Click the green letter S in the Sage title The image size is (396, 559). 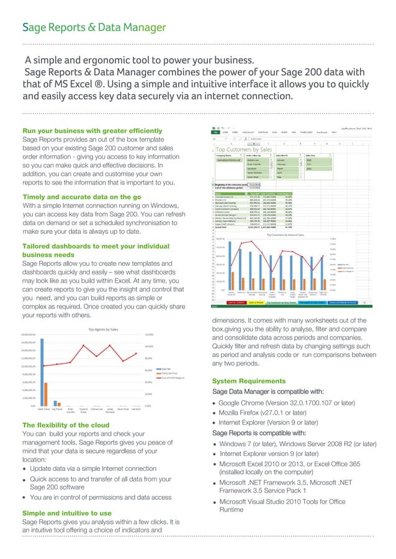click(x=25, y=27)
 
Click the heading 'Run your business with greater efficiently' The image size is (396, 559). click(x=92, y=131)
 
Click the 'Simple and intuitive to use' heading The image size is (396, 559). click(x=67, y=513)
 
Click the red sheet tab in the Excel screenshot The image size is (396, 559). click(x=236, y=303)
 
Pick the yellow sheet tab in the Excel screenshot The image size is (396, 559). click(x=257, y=303)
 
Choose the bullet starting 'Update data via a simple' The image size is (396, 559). click(x=92, y=469)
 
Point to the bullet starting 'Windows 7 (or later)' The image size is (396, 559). click(x=298, y=444)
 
